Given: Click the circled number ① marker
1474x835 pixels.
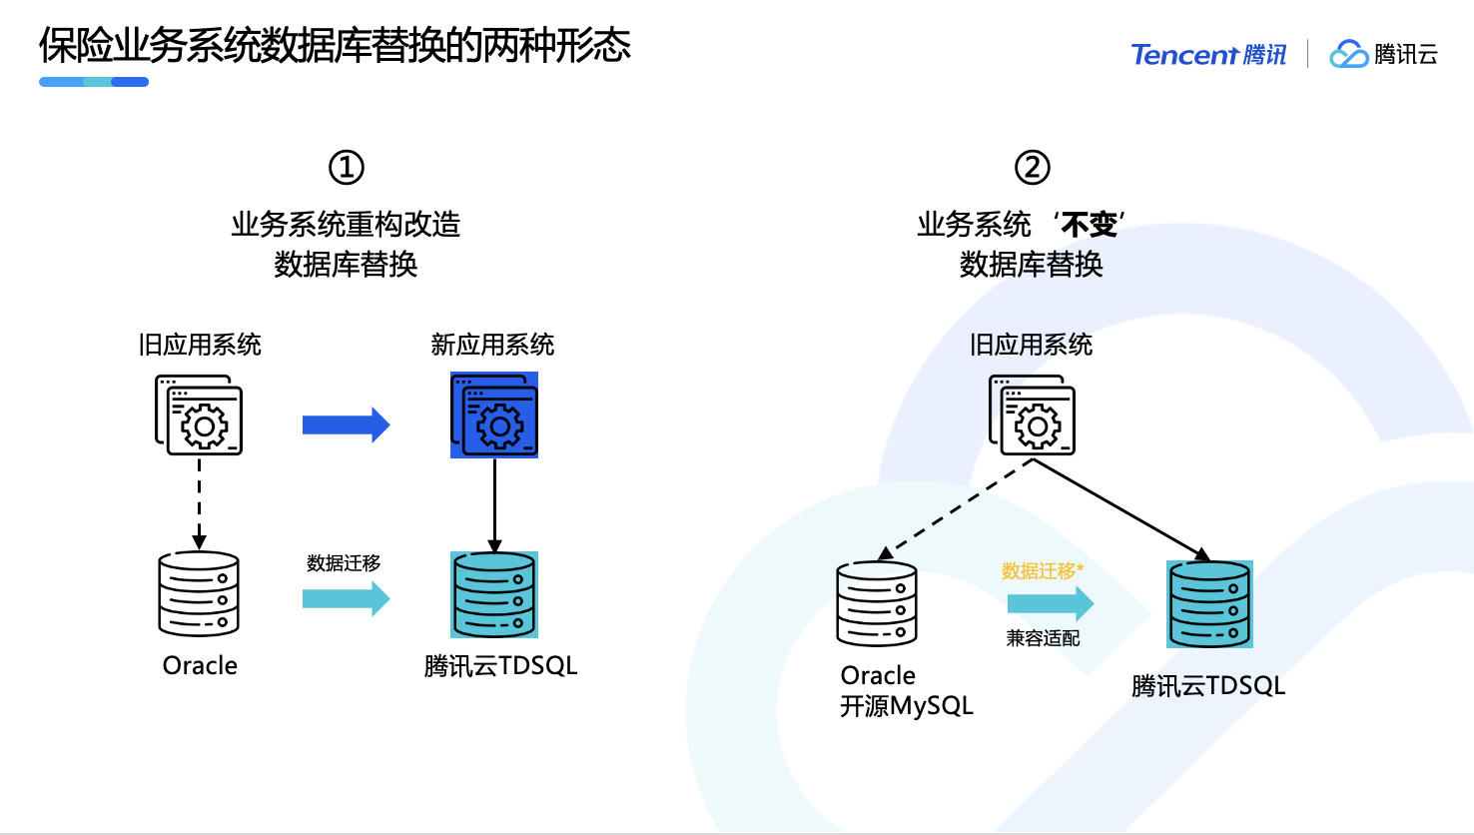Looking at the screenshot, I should pyautogui.click(x=347, y=167).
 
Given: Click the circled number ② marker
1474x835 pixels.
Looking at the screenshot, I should pyautogui.click(x=1033, y=167).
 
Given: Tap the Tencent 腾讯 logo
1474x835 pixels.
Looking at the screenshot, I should pyautogui.click(x=1208, y=54).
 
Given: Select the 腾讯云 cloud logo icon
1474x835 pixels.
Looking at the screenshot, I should pyautogui.click(x=1348, y=54).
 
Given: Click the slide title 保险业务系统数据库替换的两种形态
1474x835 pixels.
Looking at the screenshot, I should pyautogui.click(x=335, y=45).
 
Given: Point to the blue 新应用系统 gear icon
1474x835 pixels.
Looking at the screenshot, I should pyautogui.click(x=494, y=416).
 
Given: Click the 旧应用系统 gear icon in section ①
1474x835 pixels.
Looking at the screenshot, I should pyautogui.click(x=199, y=416).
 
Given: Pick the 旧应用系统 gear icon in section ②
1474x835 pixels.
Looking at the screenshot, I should pyautogui.click(x=1033, y=416).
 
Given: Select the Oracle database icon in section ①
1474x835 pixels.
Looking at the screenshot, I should pyautogui.click(x=199, y=594).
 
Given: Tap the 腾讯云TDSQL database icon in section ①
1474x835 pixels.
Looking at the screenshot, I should pyautogui.click(x=494, y=594).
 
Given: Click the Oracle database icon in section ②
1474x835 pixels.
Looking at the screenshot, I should pyautogui.click(x=877, y=603).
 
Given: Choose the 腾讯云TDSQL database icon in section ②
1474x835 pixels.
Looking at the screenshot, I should pyautogui.click(x=1209, y=604).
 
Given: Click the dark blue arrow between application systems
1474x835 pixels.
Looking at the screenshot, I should pyautogui.click(x=346, y=424).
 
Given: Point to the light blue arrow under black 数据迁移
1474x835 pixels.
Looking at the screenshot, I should pyautogui.click(x=346, y=598).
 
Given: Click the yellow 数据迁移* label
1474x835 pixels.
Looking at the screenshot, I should pyautogui.click(x=1043, y=571).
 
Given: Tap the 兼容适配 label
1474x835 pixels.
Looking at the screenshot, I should pyautogui.click(x=1043, y=638).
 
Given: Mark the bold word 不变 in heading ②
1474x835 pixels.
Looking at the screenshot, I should pyautogui.click(x=1089, y=225).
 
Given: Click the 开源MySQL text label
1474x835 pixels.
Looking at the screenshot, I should pyautogui.click(x=907, y=706).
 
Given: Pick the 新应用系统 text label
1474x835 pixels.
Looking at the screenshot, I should pyautogui.click(x=492, y=345).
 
